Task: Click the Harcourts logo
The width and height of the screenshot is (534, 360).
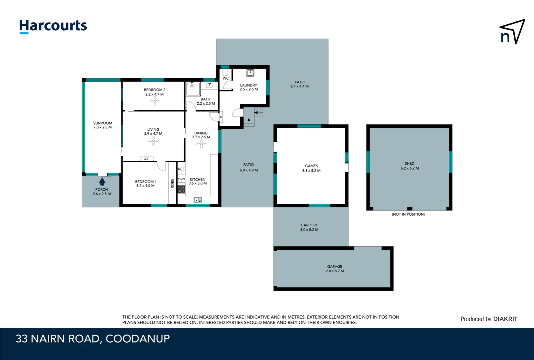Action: pyautogui.click(x=53, y=26)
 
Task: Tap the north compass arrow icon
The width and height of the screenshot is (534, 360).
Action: pyautogui.click(x=512, y=32)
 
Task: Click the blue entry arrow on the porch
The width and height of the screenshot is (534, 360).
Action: pyautogui.click(x=102, y=182)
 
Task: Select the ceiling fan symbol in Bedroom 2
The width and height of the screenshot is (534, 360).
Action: pyautogui.click(x=155, y=101)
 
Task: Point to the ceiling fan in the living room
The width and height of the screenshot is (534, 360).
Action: pyautogui.click(x=153, y=141)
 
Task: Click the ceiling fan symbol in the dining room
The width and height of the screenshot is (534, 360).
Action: pyautogui.click(x=201, y=144)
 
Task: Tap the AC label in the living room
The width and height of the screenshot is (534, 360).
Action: pyautogui.click(x=147, y=159)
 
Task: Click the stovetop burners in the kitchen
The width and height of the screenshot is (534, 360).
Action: pyautogui.click(x=181, y=189)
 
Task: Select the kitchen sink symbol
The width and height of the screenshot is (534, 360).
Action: pyautogui.click(x=198, y=200)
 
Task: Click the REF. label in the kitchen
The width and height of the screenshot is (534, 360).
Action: pyautogui.click(x=181, y=169)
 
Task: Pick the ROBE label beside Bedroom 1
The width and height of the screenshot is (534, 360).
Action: pyautogui.click(x=172, y=183)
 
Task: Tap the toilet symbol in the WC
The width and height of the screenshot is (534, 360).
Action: pyautogui.click(x=225, y=72)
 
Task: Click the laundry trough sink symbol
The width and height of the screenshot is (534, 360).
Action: pyautogui.click(x=250, y=72)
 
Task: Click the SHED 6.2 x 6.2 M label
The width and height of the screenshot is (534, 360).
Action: pyautogui.click(x=410, y=166)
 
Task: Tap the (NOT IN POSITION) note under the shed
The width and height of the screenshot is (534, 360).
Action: pyautogui.click(x=408, y=214)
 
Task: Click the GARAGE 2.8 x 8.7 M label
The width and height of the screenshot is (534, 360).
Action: pyautogui.click(x=335, y=269)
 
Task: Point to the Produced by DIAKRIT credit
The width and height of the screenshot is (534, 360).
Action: pyautogui.click(x=489, y=319)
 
